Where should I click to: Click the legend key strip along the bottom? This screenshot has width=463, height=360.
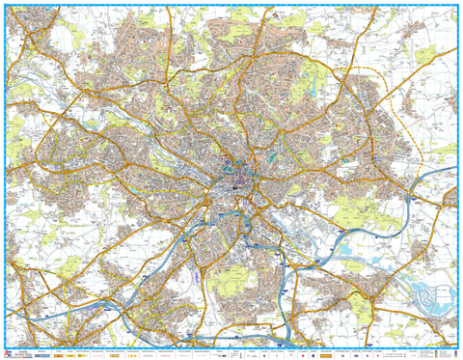pyautogui.click(x=231, y=351)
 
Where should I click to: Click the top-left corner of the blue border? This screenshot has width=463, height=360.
pyautogui.click(x=5, y=5)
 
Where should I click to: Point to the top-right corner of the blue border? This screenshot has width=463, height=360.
pyautogui.click(x=458, y=5)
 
